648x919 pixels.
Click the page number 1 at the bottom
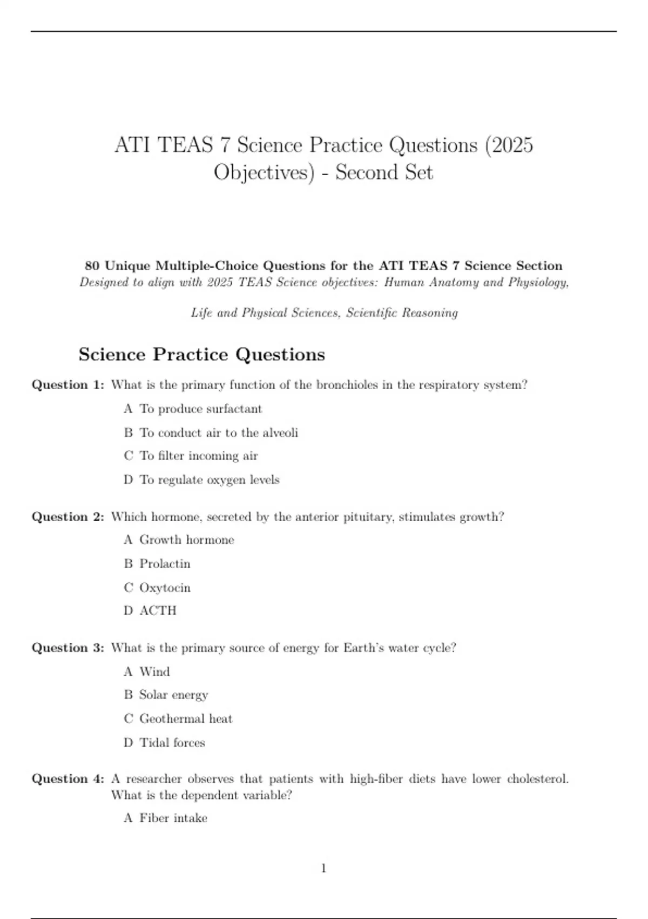pos(323,868)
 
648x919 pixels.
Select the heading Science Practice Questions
pos(201,355)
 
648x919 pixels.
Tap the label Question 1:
pos(68,385)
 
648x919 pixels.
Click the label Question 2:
pos(68,517)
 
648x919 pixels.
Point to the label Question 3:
pos(68,648)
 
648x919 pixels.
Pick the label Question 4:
pos(68,779)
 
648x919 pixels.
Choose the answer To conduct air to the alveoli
pos(218,432)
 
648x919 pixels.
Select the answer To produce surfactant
pos(200,409)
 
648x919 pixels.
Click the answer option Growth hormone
pos(186,540)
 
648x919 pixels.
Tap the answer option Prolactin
pos(165,563)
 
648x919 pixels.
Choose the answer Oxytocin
pos(165,588)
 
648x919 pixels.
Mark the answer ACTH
pos(158,610)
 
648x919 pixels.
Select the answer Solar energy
pos(173,695)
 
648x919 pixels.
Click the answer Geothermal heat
pos(186,718)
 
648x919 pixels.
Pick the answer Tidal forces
pos(172,742)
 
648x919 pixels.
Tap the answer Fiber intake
pos(173,818)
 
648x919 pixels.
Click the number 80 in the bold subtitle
pos(92,266)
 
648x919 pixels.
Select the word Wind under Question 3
pos(154,671)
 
